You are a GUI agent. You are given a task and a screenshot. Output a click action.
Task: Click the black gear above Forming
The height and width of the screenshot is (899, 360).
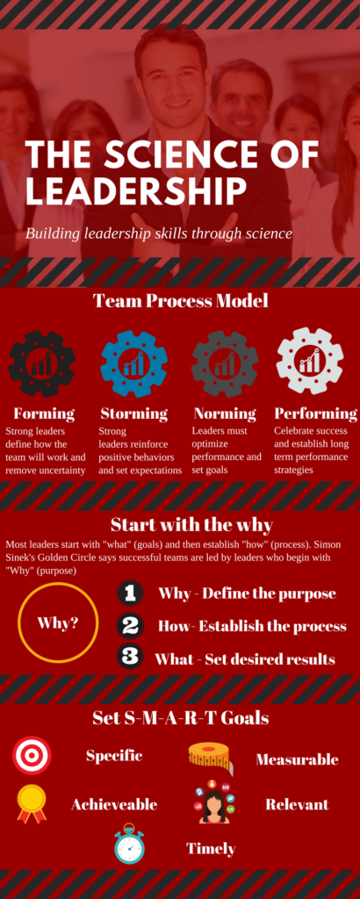41,364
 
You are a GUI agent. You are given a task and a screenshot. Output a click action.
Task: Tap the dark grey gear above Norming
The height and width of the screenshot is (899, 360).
225,364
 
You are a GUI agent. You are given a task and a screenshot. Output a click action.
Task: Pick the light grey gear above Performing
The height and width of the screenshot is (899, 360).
310,361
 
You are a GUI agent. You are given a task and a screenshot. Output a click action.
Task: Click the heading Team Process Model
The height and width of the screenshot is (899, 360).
181,301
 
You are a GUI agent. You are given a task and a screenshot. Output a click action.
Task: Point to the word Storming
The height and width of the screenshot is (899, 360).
134,414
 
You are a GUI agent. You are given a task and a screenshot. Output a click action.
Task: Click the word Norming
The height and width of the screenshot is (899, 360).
225,414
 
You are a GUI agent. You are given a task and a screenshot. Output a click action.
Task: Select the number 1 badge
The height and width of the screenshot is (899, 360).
130,593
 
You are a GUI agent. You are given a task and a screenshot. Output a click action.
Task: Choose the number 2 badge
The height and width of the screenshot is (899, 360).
130,625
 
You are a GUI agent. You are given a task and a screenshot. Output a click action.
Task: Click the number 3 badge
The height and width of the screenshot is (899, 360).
130,657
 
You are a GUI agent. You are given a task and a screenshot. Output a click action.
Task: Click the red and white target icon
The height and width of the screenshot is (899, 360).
32,755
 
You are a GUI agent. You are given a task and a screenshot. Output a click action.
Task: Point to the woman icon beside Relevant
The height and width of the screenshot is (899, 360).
214,802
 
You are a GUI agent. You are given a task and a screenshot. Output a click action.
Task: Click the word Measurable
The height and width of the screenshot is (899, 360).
297,759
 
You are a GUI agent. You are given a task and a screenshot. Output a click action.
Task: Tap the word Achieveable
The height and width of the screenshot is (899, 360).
114,804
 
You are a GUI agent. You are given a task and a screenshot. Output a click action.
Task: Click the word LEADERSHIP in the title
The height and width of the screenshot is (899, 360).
136,191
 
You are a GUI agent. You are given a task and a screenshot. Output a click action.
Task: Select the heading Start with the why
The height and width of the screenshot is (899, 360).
191,525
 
